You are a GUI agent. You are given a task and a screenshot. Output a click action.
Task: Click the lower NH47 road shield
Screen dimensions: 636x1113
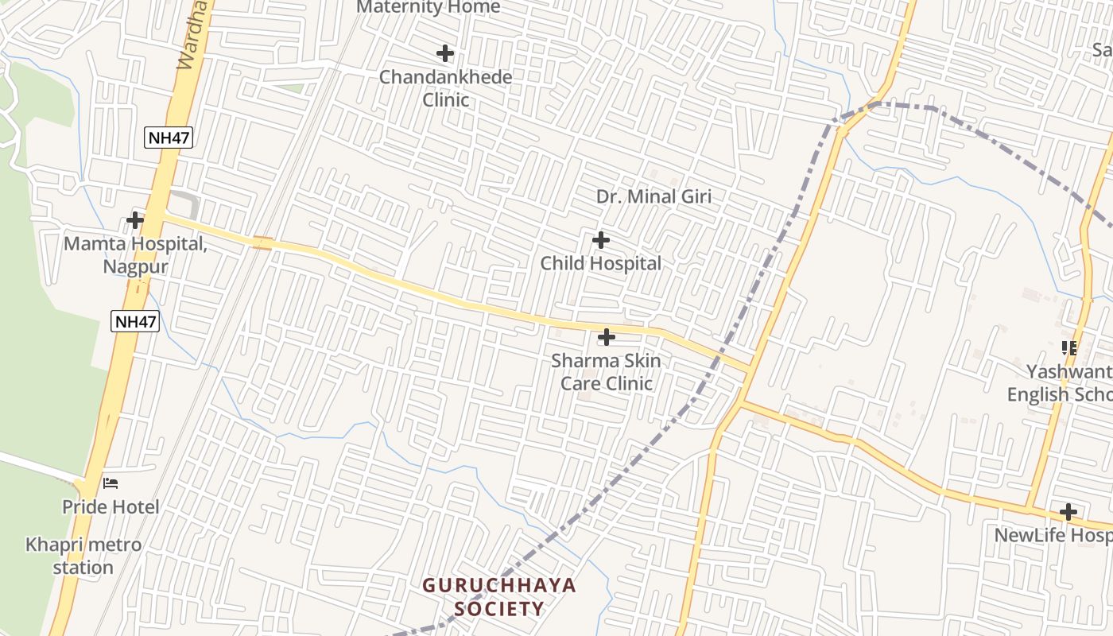(135, 321)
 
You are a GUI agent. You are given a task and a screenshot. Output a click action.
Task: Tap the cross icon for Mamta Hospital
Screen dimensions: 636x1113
(135, 219)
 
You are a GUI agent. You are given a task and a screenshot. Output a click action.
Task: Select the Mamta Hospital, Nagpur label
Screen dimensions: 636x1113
(135, 254)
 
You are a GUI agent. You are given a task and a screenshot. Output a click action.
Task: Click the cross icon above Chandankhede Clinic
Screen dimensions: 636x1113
(445, 53)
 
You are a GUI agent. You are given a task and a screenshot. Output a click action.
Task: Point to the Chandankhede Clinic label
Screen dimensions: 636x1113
(445, 88)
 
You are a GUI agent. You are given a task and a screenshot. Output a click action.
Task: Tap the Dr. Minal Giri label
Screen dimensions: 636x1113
(653, 196)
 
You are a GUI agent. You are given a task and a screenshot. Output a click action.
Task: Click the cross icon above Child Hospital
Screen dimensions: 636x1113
(601, 239)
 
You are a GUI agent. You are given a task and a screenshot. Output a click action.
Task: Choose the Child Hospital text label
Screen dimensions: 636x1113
(601, 263)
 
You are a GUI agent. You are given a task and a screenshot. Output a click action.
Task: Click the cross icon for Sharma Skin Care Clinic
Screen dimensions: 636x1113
(606, 337)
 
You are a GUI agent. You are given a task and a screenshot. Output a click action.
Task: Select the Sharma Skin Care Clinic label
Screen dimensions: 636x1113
(606, 372)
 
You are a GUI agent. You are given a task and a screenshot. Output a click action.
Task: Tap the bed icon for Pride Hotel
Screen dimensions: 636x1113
(111, 483)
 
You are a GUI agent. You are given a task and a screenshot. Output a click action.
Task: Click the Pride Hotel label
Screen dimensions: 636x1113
(111, 506)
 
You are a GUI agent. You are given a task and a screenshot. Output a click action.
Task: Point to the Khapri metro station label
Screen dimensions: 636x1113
(83, 556)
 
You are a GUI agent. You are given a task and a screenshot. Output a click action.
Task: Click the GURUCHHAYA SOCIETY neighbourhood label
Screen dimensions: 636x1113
(499, 597)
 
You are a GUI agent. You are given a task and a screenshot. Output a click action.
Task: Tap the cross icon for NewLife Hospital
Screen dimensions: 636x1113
(1068, 512)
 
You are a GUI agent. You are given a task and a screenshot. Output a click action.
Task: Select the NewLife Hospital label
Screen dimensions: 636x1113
(1053, 535)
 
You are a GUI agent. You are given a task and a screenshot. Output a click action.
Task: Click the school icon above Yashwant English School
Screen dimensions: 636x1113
(1069, 347)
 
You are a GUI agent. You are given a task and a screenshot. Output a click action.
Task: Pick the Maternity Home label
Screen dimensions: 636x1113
(429, 7)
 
